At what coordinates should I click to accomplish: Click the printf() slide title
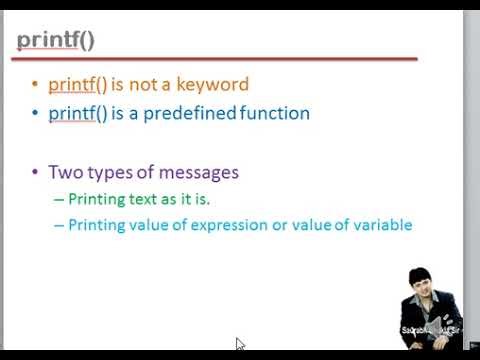56,41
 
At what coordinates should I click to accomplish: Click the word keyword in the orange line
212,85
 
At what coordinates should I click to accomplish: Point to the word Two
64,172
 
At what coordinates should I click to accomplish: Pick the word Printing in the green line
96,198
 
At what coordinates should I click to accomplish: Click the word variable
381,225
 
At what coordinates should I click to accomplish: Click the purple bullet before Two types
35,173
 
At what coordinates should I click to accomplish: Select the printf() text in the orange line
77,85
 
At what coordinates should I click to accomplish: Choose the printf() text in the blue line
77,113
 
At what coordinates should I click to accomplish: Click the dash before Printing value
58,226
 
